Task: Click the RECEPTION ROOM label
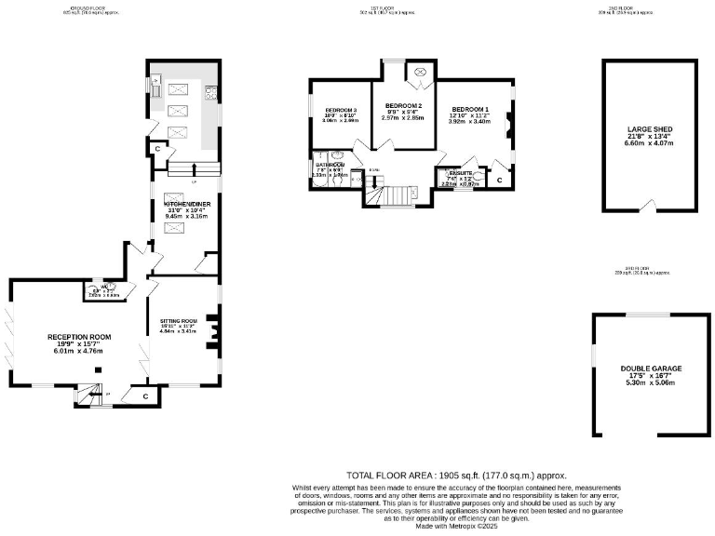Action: (81, 337)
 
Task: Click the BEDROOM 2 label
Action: (403, 105)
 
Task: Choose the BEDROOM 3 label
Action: (340, 111)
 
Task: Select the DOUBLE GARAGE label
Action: (652, 368)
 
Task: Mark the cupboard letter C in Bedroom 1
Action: (499, 179)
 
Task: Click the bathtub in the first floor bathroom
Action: (320, 180)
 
